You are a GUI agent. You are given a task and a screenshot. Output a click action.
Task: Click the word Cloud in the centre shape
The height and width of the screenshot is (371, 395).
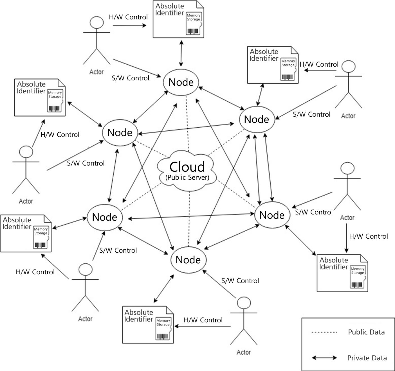coord(187,167)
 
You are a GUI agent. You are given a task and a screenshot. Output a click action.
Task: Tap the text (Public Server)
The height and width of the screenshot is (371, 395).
coord(187,178)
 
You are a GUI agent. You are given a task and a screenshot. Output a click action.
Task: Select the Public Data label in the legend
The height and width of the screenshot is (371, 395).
coord(366,332)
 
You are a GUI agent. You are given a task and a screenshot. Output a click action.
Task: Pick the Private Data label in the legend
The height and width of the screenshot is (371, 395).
coord(367,358)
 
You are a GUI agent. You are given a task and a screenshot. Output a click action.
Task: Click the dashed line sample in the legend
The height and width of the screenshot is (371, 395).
coord(324,332)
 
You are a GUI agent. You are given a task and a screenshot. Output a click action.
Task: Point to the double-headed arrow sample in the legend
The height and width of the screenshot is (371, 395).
coord(324,358)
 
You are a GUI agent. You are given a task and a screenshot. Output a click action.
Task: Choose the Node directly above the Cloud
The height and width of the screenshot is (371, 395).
coord(181,82)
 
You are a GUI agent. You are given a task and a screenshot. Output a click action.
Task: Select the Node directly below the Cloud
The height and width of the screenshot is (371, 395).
coord(188,260)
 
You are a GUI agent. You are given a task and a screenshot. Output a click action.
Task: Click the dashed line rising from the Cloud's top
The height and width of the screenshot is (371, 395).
coord(188,124)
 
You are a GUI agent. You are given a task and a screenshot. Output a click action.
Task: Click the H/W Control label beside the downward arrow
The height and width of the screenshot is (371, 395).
coord(368,236)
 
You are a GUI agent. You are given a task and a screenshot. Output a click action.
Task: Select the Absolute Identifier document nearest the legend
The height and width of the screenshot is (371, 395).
coord(342,273)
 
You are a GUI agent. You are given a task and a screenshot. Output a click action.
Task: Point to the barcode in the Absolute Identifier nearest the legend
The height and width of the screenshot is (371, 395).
coord(357,285)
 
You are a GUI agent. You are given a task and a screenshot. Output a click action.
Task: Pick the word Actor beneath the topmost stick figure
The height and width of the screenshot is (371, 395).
coord(96,72)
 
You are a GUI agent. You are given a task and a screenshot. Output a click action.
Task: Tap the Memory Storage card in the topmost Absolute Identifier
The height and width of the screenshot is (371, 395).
coord(194,24)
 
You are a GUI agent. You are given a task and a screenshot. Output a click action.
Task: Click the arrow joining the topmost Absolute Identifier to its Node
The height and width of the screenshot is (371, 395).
coord(181,53)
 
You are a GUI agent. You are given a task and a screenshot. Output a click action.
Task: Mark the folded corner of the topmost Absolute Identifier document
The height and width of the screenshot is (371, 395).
coord(200,4)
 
